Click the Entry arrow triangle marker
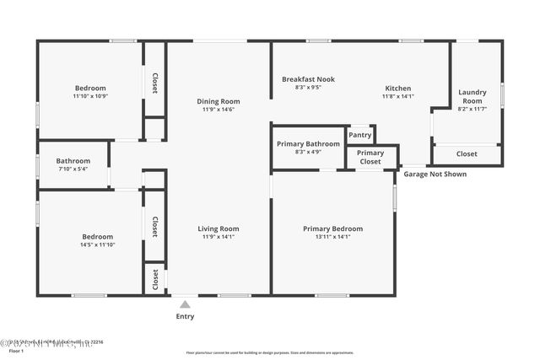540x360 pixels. coord(185,304)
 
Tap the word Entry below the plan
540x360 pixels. coord(185,317)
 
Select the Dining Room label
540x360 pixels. coord(219,100)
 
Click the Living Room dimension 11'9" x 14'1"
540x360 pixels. coord(219,237)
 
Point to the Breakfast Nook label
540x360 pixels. coord(308,79)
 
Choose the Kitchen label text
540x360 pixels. coord(398,88)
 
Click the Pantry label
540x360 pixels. coord(360,135)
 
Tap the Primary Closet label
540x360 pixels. coord(370,157)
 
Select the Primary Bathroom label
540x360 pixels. coord(308,143)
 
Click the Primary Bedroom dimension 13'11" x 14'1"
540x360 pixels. coord(332,237)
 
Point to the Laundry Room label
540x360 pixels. coord(471,96)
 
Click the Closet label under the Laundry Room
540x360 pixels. coord(467,154)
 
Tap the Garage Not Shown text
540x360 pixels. coord(435,175)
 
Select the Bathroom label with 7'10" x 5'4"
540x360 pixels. coord(73,160)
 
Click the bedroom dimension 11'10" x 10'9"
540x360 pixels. coord(90,96)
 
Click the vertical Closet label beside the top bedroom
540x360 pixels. coord(155,83)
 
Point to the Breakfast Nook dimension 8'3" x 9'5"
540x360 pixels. coord(308,87)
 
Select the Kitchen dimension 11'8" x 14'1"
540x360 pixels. coord(398,96)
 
